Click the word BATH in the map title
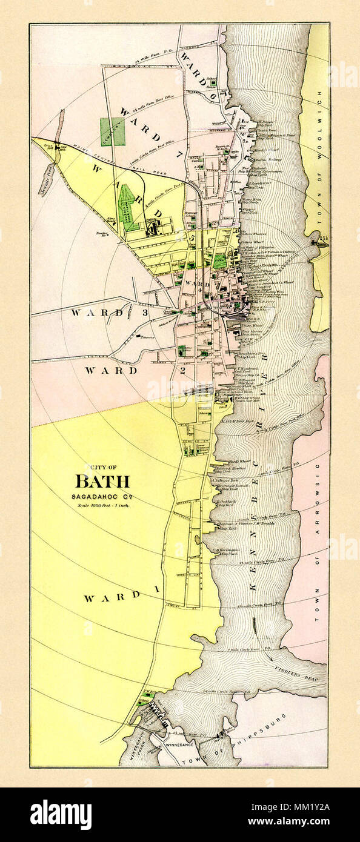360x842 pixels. coord(102,482)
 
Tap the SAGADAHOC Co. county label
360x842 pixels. coord(102,496)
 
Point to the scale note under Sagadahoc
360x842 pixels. coord(102,505)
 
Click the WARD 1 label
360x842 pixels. coord(112,597)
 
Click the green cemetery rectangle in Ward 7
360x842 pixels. coord(113,131)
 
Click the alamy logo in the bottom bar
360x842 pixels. coord(61,815)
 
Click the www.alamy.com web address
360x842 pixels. coord(306,823)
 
